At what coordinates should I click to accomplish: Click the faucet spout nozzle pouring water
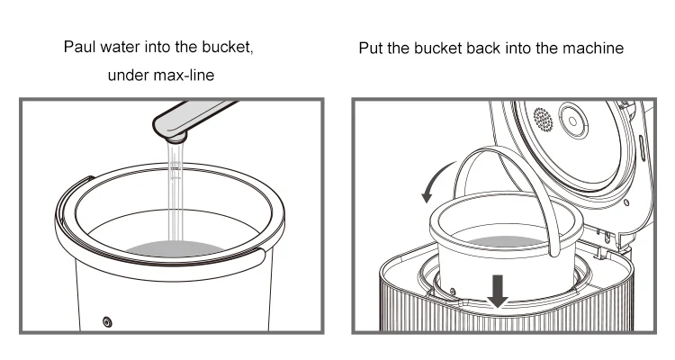point(175,138)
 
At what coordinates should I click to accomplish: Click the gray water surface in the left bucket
point(175,248)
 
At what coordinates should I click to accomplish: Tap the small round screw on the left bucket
point(107,321)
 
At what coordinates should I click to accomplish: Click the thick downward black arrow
point(498,291)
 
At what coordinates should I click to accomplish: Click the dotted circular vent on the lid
point(543,120)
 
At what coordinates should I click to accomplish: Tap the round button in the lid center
point(573,121)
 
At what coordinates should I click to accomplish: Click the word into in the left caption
point(157,47)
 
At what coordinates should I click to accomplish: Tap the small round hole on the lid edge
point(626,202)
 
